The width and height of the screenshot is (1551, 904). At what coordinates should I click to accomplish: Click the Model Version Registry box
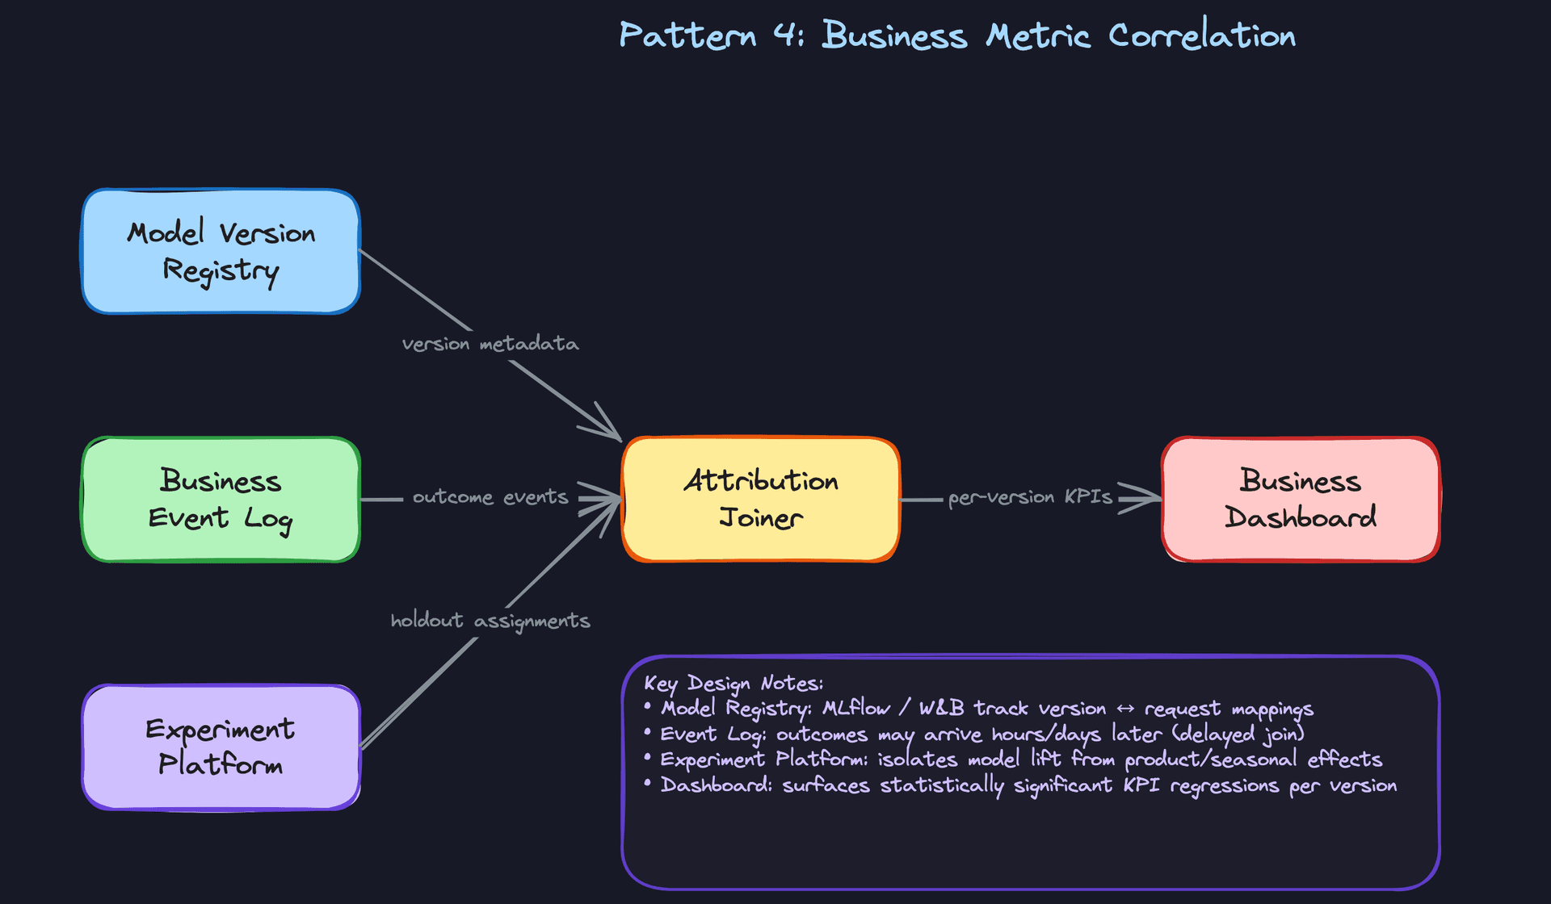click(221, 251)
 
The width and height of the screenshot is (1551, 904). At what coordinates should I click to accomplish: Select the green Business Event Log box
click(221, 499)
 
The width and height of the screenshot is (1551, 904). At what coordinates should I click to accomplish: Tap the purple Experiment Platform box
click(221, 747)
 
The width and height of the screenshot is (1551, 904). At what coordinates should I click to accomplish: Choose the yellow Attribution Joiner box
click(760, 499)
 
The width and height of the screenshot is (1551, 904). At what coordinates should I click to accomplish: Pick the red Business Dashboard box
click(1300, 499)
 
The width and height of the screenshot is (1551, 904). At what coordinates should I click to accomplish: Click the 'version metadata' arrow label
click(490, 344)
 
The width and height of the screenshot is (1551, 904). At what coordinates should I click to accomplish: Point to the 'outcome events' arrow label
click(490, 497)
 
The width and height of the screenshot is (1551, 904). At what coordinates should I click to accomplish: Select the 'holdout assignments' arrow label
click(490, 621)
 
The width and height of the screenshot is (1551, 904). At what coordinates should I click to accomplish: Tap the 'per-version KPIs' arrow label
click(1030, 497)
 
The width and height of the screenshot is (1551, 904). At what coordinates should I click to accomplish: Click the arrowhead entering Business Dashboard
click(1143, 499)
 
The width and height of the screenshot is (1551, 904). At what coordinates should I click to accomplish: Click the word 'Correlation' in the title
click(1201, 36)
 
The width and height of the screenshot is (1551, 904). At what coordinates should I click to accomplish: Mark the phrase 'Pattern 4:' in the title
click(711, 36)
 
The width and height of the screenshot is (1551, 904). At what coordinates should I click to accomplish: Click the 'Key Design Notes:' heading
click(733, 684)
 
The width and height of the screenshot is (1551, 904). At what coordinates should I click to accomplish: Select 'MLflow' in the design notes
click(855, 709)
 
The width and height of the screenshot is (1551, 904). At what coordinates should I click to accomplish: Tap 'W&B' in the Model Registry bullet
click(941, 709)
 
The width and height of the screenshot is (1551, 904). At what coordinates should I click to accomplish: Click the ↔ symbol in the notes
click(1125, 709)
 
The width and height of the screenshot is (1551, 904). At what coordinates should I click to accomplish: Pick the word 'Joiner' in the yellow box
click(760, 518)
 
